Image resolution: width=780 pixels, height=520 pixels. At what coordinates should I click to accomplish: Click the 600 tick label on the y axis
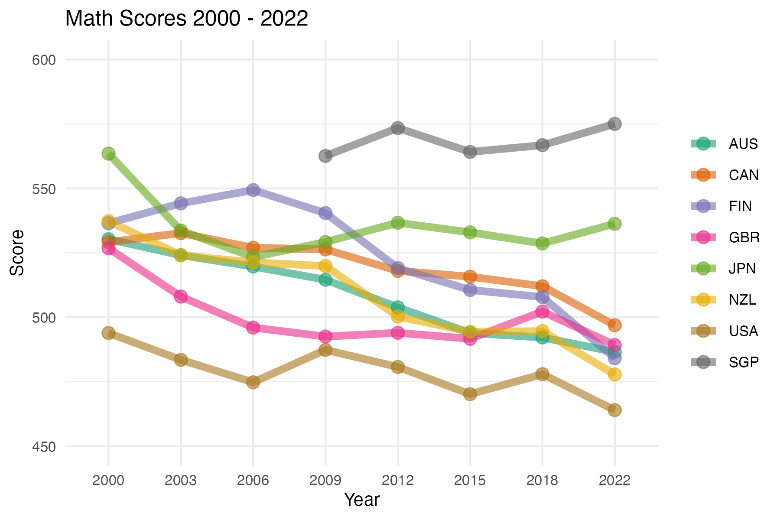44,60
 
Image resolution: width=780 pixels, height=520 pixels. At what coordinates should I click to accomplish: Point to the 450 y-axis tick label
44,447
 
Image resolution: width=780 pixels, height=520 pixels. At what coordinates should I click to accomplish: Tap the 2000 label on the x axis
108,480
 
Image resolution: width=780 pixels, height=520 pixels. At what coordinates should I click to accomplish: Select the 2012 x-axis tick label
398,480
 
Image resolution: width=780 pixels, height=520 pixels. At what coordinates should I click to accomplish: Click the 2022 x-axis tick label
614,480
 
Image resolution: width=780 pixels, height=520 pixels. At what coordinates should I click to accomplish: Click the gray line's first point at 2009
325,156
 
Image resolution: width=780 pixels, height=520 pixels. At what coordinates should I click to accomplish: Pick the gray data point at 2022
614,124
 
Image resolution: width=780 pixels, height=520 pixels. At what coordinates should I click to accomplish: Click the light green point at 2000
108,153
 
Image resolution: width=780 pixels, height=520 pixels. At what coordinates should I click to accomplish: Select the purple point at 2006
253,190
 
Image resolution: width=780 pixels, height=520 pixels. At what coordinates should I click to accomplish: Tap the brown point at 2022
614,410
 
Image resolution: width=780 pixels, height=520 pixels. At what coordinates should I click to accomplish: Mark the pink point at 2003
181,297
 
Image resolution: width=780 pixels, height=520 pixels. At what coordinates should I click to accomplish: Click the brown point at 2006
253,382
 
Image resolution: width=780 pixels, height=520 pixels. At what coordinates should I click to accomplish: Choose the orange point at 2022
614,325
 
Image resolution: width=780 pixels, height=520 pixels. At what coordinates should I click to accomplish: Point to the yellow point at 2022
614,374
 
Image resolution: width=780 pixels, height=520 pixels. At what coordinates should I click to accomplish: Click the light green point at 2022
614,224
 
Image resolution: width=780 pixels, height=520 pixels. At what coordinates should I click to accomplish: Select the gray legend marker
703,362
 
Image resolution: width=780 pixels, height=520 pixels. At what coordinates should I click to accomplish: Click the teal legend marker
703,144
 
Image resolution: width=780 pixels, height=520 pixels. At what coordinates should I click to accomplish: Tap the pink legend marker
703,237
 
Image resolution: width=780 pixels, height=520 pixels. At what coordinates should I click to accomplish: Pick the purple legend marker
703,206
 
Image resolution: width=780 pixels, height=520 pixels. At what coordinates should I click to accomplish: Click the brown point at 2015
470,394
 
